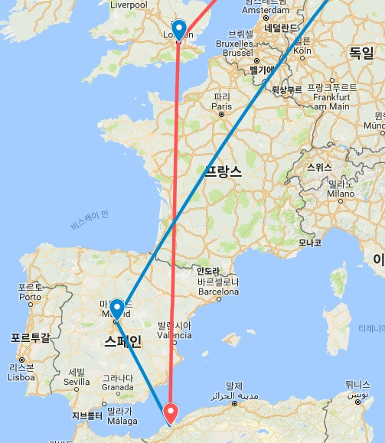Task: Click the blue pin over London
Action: click(x=180, y=29)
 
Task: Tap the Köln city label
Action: click(x=300, y=50)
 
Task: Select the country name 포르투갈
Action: click(x=30, y=337)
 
